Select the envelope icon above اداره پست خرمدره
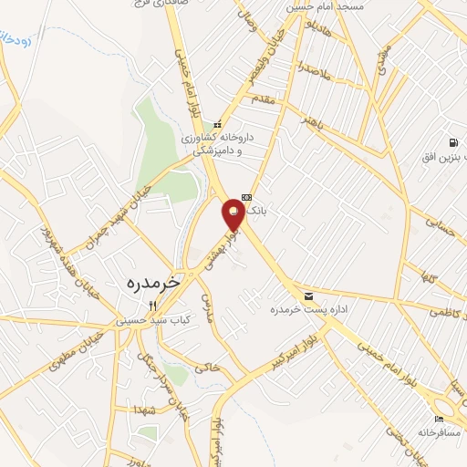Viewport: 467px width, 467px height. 309,296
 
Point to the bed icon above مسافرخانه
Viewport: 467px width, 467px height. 440,419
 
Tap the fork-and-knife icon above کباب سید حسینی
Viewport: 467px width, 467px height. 165,306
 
